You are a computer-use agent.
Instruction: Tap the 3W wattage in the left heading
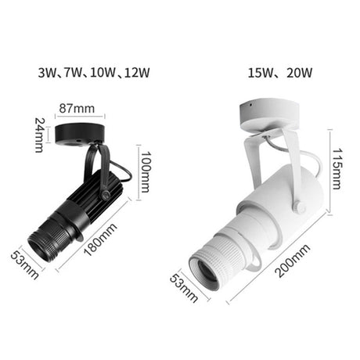46,74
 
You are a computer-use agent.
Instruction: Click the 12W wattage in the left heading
136,74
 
